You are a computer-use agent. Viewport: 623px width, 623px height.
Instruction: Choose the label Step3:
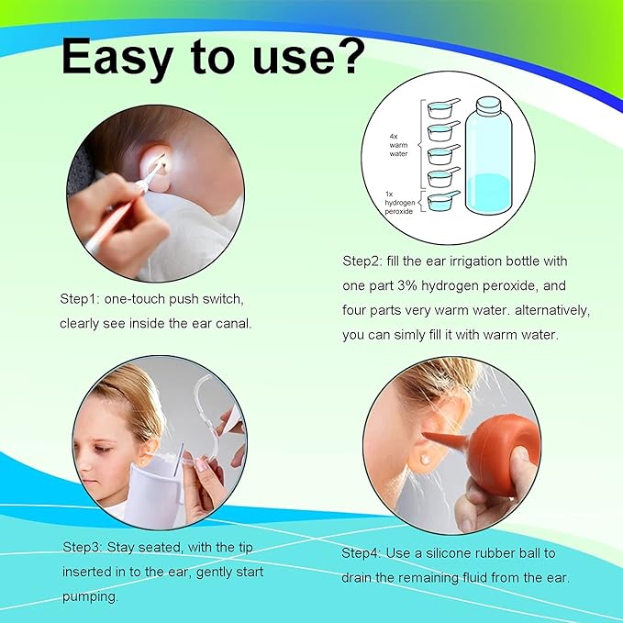click(83, 548)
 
